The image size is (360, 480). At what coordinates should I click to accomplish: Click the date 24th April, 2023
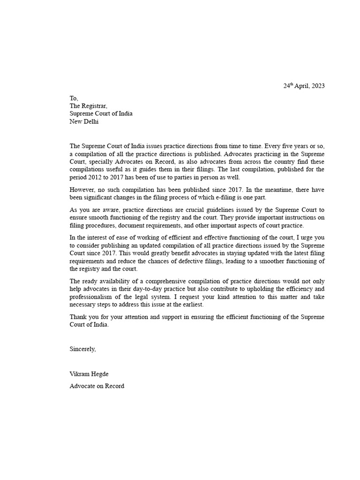point(304,86)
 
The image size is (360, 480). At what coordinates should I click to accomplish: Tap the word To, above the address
point(74,98)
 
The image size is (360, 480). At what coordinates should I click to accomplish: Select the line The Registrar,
point(89,106)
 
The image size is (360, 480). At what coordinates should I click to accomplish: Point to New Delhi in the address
point(84,121)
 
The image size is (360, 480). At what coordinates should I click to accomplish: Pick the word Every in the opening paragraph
point(274,146)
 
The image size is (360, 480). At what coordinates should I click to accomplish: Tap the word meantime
point(273,189)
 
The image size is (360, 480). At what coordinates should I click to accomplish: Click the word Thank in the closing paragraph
point(78,317)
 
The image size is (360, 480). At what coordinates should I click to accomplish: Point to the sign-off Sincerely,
point(83,349)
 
